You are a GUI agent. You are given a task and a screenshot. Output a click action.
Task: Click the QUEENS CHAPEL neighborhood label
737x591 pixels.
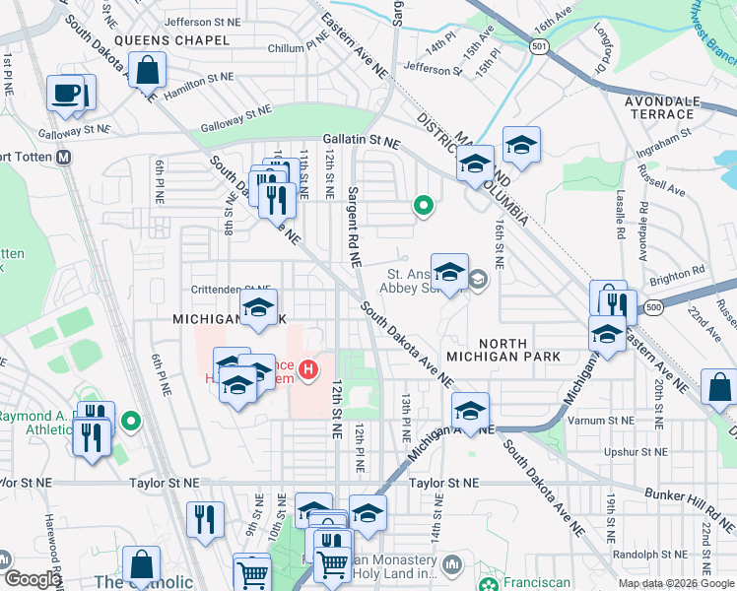coord(171,40)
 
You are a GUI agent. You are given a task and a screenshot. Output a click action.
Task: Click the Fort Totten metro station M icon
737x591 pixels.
coord(64,157)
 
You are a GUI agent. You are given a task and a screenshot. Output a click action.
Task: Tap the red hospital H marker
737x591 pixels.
coord(309,370)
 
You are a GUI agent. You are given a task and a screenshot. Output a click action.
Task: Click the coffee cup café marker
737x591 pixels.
coord(67,94)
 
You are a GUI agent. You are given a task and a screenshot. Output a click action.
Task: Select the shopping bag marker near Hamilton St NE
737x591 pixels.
coord(147,71)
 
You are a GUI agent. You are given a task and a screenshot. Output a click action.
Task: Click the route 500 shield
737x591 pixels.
coord(654,309)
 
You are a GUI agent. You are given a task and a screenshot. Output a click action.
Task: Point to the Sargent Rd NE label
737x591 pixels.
coord(352,226)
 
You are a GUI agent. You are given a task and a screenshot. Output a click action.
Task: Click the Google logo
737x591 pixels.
coord(33,579)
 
